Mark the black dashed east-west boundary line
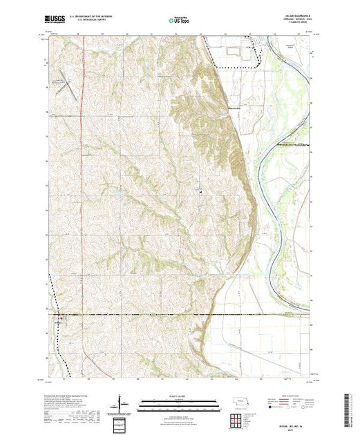click(180, 315)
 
